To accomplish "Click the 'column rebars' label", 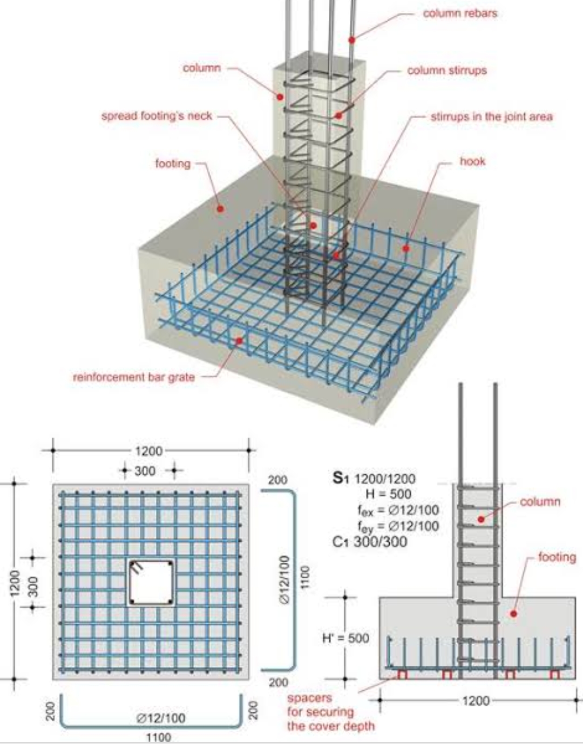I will (x=459, y=13).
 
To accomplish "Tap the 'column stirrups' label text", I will (x=446, y=71).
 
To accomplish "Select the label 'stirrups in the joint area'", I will (x=491, y=117).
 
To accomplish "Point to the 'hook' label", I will (x=472, y=161).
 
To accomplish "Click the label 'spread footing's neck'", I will (x=157, y=116).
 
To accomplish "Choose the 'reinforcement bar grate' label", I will (x=133, y=377).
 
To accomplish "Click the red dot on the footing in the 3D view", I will (x=220, y=208).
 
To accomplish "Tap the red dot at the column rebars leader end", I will (x=351, y=39).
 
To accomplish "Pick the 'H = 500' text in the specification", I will (x=388, y=494).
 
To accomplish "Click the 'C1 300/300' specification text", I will (x=370, y=542).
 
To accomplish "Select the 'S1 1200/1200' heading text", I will (x=374, y=479).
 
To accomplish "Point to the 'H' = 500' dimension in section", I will (x=345, y=638).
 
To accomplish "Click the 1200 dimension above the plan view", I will (x=148, y=451).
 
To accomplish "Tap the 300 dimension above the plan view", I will (x=145, y=471).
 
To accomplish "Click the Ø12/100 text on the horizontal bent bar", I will (x=160, y=718).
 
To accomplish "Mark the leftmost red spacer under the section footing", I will (x=402, y=674).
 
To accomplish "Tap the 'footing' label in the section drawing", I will (x=557, y=557).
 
